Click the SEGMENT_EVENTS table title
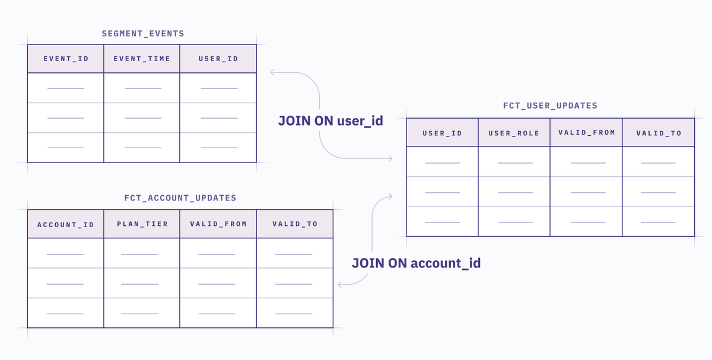point(143,34)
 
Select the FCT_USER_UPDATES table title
point(550,106)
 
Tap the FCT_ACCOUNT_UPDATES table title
point(180,198)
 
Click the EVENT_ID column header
point(66,59)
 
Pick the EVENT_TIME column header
point(142,59)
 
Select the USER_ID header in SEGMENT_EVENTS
point(218,59)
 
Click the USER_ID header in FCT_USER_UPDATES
point(442,133)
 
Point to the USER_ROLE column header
point(514,133)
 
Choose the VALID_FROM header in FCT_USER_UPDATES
point(586,132)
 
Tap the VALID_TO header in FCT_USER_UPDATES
point(659,133)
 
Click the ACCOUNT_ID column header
point(66,225)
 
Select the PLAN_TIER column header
point(142,224)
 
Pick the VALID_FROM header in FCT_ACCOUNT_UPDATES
point(218,224)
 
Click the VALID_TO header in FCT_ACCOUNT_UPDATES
point(295,224)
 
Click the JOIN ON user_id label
point(330,121)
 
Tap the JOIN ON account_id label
point(416,263)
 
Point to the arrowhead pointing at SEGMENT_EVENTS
point(272,72)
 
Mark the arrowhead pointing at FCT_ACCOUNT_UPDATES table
point(339,284)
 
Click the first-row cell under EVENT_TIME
point(142,88)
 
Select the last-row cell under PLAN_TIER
point(142,313)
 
